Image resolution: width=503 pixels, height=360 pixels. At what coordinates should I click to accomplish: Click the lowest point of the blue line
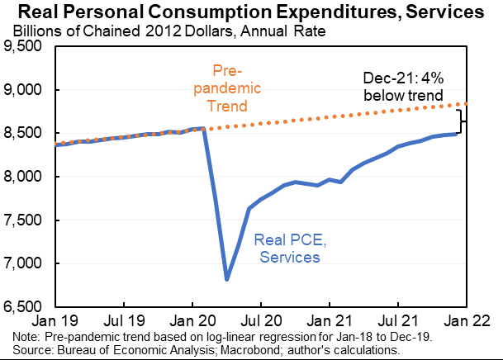point(227,280)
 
